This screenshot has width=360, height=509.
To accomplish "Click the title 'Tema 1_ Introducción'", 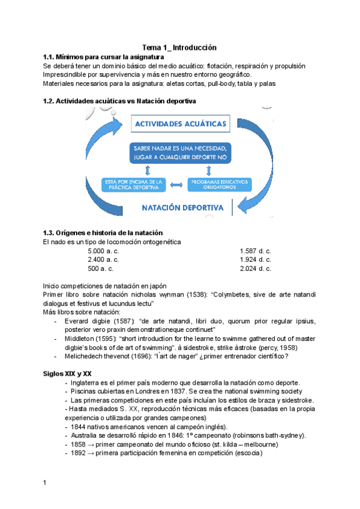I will pyautogui.click(x=179, y=47).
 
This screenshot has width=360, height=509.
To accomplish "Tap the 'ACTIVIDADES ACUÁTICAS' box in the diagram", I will pyautogui.click(x=181, y=124).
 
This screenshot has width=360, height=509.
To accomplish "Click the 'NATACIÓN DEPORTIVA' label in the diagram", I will pyautogui.click(x=183, y=208).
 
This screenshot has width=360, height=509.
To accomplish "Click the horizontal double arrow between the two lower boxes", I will pyautogui.click(x=176, y=184).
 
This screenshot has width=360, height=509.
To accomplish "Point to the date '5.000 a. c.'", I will pyautogui.click(x=103, y=251).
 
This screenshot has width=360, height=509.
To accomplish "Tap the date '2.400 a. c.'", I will pyautogui.click(x=103, y=260).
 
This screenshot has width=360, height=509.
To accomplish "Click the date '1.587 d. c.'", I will pyautogui.click(x=256, y=251).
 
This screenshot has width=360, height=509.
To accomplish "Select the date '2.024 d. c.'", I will pyautogui.click(x=256, y=269).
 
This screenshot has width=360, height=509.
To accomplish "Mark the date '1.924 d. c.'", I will pyautogui.click(x=256, y=260).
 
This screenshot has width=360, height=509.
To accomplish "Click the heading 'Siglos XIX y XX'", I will pyautogui.click(x=67, y=373).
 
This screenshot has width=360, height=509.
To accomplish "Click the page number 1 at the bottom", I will pyautogui.click(x=45, y=483).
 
